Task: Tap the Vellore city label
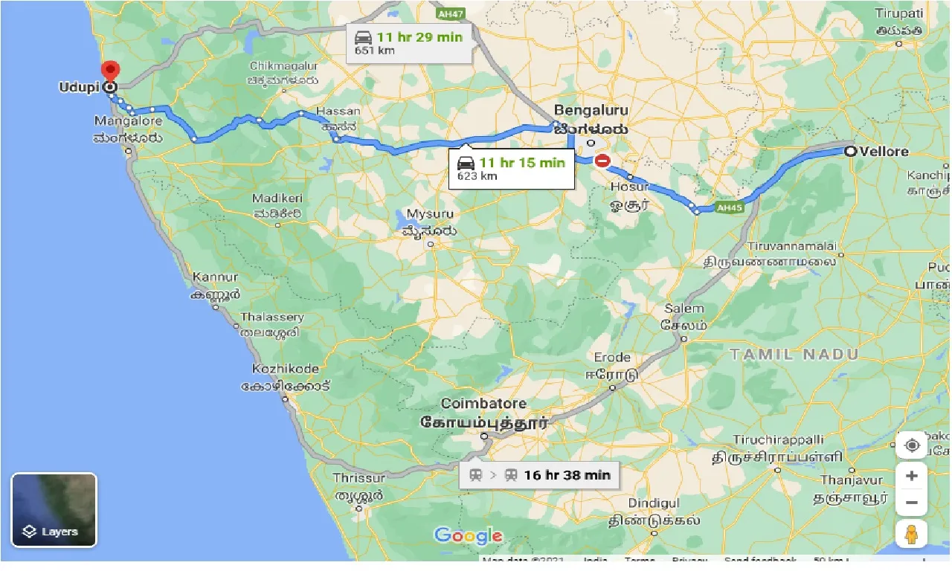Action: (884, 151)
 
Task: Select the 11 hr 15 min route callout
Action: (512, 169)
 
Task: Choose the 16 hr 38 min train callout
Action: (539, 474)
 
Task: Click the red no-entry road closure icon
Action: (602, 160)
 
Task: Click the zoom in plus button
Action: (912, 476)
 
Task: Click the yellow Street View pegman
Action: (912, 535)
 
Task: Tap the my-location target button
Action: (912, 445)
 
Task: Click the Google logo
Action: (469, 535)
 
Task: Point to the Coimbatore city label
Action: (483, 404)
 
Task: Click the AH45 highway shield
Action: (729, 208)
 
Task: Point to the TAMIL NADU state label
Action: (794, 355)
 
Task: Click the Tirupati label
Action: (899, 13)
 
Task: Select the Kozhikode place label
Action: (286, 369)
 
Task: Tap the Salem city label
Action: (684, 309)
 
